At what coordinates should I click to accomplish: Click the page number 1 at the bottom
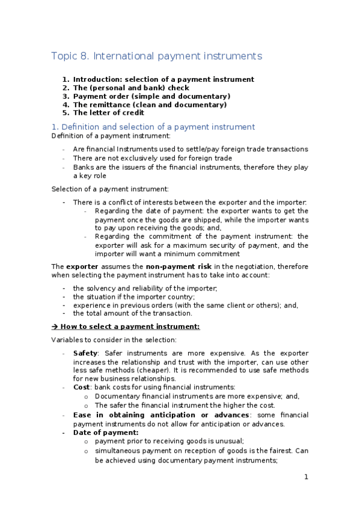coord(306,477)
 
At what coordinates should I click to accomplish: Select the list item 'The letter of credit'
coord(109,112)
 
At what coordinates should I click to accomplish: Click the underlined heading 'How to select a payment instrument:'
coord(130,326)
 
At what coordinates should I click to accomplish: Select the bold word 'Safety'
coord(85,353)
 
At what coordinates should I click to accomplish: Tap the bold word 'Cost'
coord(82,387)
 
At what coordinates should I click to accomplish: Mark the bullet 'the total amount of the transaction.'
coord(132,313)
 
